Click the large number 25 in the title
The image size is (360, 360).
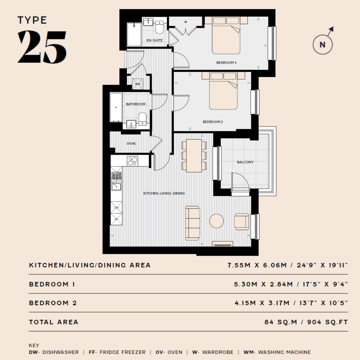[42, 47]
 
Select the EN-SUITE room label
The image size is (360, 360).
[155, 40]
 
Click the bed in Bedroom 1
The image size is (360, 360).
[226, 35]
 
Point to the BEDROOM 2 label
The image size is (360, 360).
[213, 122]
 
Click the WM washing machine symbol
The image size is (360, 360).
[138, 84]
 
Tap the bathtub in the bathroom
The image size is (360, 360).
[116, 107]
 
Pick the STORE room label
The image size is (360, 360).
[131, 144]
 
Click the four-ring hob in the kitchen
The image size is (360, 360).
[133, 161]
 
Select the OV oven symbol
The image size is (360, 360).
[117, 208]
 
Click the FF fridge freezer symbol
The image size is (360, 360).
[117, 219]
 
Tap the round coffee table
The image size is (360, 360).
[216, 221]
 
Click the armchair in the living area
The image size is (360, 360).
[241, 222]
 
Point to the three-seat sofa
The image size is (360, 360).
[192, 223]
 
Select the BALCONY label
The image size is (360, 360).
[245, 162]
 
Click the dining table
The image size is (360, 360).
[194, 156]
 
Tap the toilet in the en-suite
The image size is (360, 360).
[159, 27]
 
